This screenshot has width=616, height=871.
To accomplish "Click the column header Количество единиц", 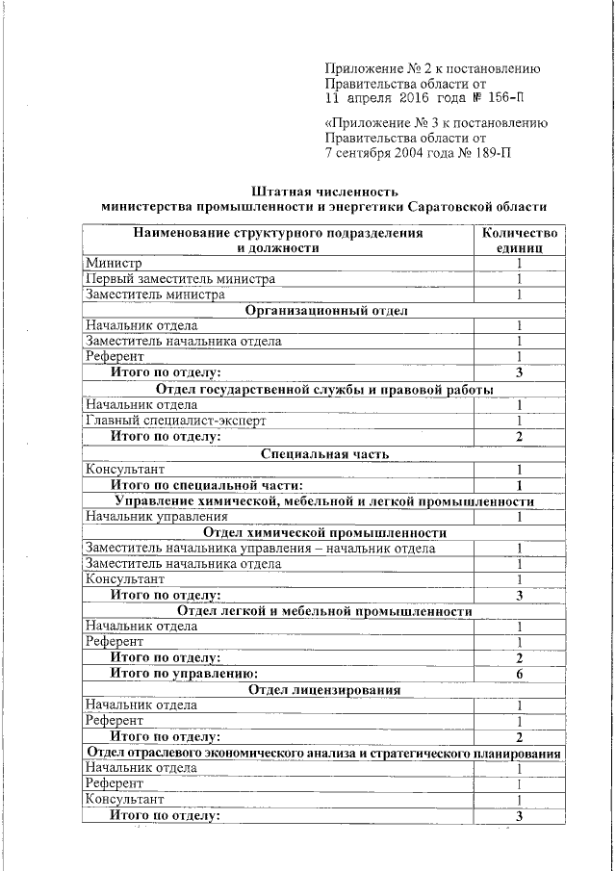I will coord(519,240).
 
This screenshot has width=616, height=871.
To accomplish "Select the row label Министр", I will coord(114,264).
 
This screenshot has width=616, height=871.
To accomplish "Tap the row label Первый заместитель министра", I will coord(180,279).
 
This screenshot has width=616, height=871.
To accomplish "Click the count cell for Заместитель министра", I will coord(519,295).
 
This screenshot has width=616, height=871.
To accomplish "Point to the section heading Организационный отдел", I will coord(326,311).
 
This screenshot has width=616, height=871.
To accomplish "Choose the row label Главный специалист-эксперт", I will coord(175,421).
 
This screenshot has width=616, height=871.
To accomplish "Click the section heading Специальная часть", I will coord(324,452).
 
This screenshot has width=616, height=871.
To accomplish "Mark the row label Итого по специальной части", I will coord(207,485).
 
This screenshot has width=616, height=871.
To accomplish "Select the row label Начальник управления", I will coord(156,517).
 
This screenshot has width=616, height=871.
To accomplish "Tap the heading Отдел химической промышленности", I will coord(324,532).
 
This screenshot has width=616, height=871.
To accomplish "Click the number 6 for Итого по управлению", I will coord(519,674).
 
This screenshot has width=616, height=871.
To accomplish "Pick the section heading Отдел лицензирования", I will coord(324,689).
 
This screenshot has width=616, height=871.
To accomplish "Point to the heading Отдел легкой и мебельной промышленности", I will coord(324,611).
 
